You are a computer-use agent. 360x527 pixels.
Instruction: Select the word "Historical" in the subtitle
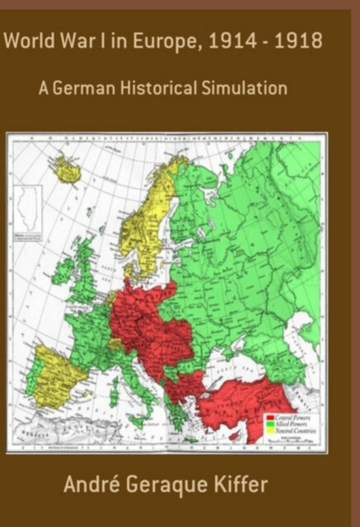coord(159,88)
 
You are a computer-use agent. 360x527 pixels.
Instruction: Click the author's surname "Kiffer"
coord(263,484)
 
